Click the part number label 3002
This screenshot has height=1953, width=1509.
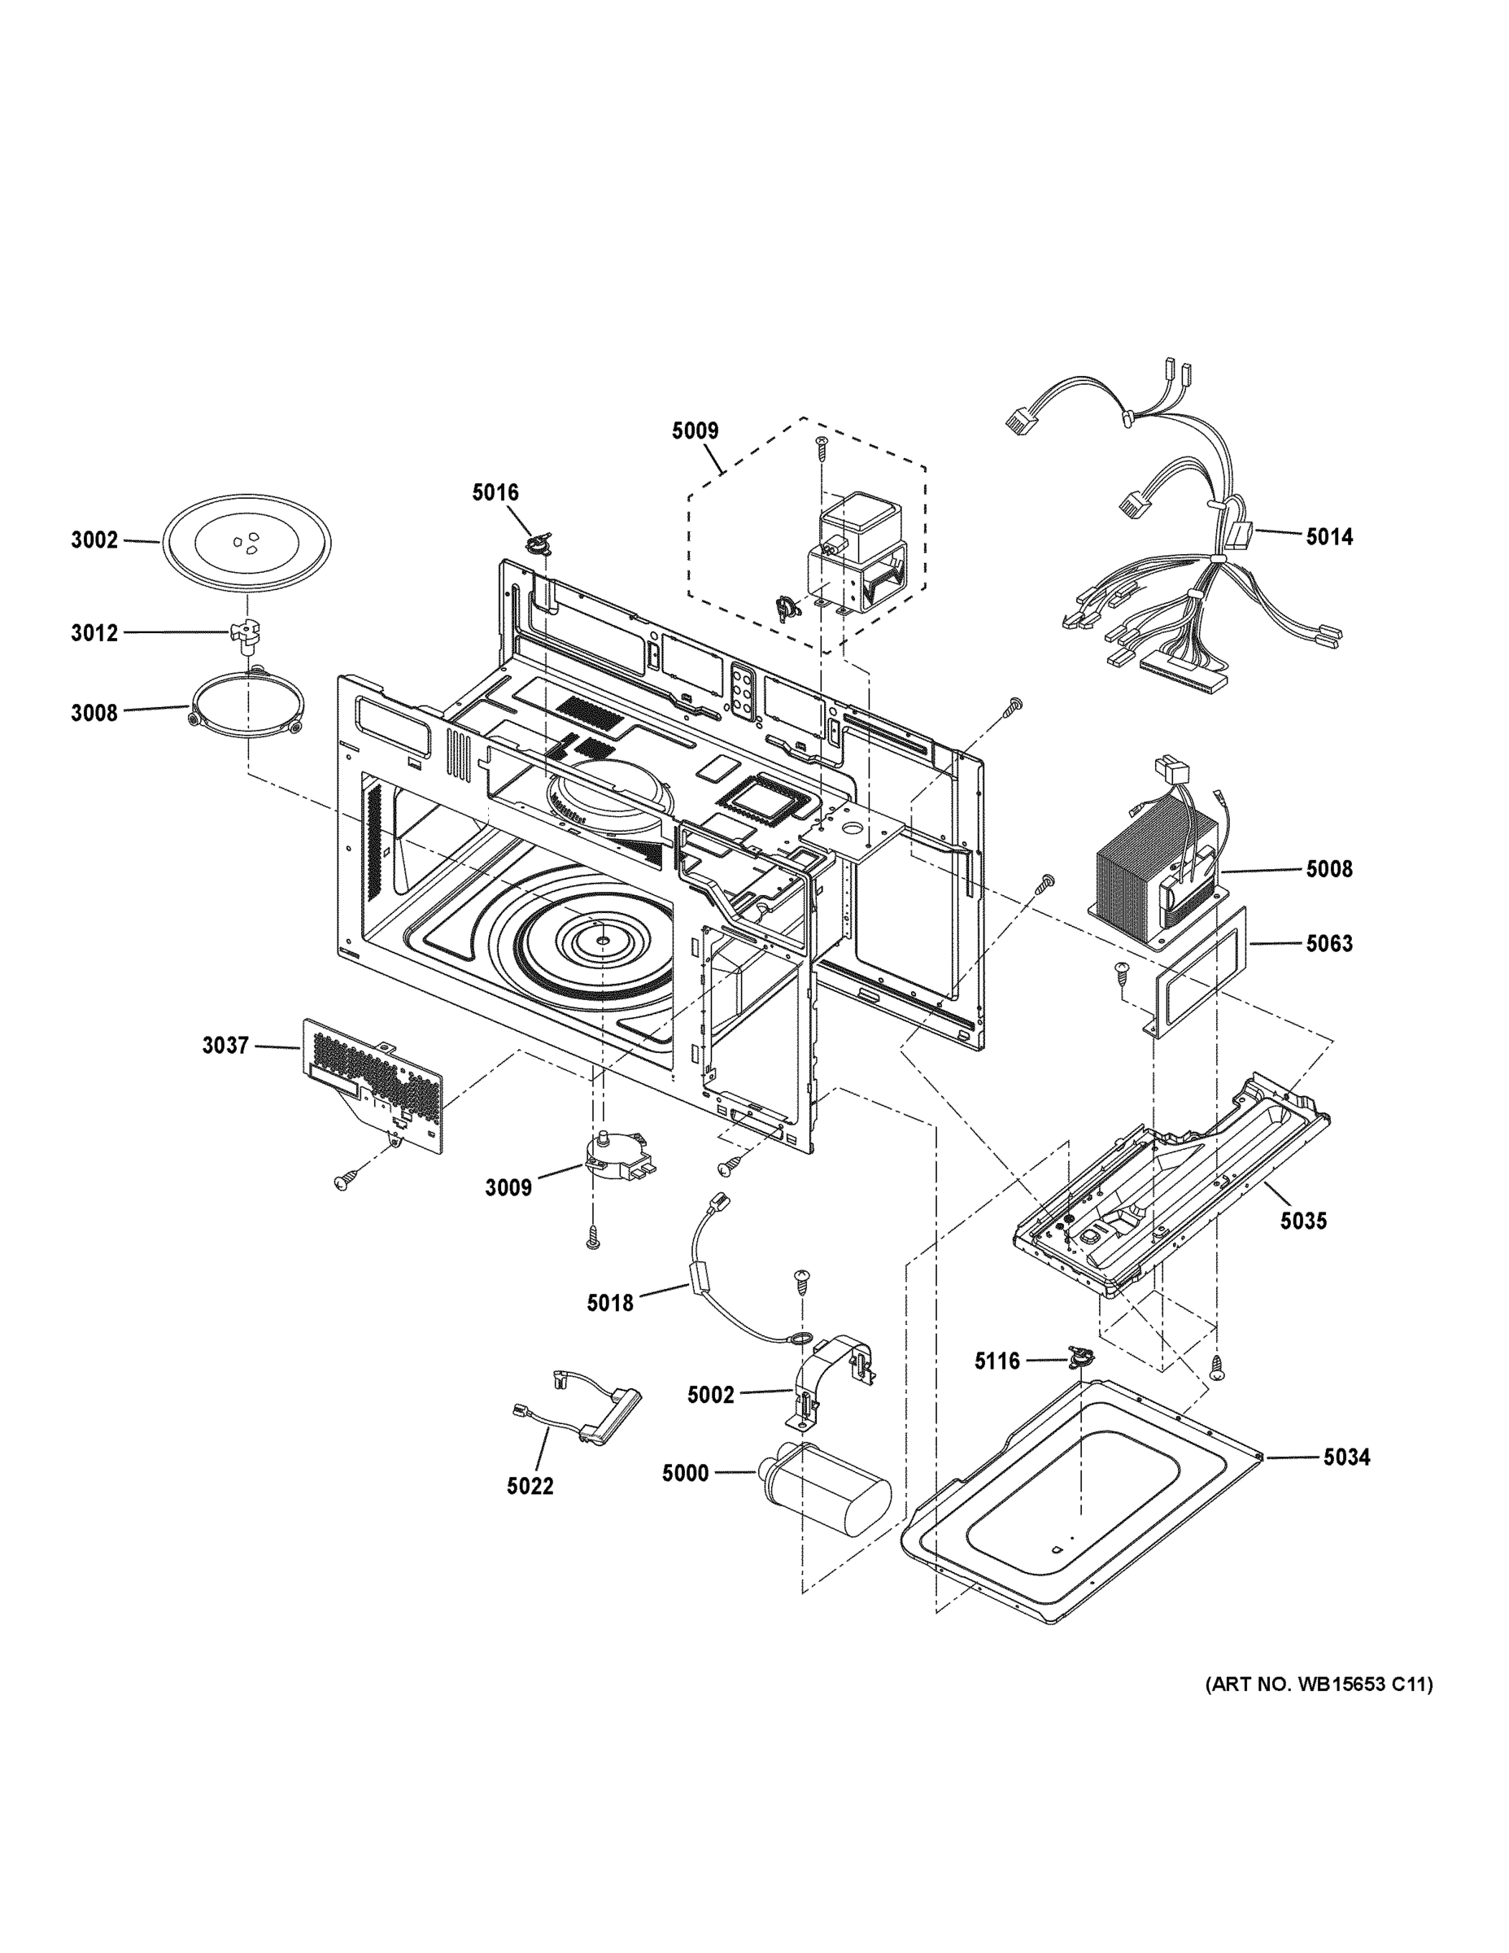[94, 540]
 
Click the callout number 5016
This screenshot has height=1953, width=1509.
[495, 492]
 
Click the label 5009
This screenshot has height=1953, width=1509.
[695, 431]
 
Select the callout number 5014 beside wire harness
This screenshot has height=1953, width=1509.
[1328, 536]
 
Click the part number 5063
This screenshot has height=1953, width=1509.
[1328, 943]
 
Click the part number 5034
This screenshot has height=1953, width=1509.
[1346, 1457]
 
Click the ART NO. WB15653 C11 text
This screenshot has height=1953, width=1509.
[1319, 1684]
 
